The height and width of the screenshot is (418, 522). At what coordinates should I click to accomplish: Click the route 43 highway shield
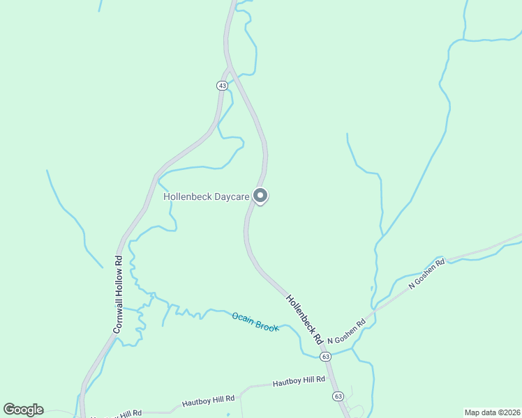tap(222, 85)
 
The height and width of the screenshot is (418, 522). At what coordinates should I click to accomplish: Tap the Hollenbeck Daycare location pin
tap(260, 196)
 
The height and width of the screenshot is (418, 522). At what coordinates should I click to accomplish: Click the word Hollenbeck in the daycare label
tap(187, 197)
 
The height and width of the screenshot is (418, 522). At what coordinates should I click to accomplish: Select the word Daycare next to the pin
tap(232, 197)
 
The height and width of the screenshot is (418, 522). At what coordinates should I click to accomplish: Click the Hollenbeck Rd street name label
tap(304, 318)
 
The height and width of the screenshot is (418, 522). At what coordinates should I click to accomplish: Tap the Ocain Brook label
tap(255, 322)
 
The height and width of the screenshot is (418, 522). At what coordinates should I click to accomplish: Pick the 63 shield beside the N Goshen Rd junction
tap(325, 356)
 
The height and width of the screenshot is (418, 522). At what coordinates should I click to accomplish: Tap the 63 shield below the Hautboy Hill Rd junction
tap(338, 396)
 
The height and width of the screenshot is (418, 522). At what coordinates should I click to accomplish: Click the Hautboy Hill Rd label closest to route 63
tap(299, 380)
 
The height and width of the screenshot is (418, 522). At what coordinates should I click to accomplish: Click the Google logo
tap(23, 410)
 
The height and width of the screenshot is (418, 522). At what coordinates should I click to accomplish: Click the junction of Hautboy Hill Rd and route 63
tap(331, 379)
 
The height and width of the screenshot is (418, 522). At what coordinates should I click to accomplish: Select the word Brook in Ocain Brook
tap(267, 326)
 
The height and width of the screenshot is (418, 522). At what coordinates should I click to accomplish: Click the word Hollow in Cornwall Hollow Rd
tap(118, 287)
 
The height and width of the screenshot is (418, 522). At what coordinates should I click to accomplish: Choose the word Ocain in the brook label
tap(243, 317)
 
